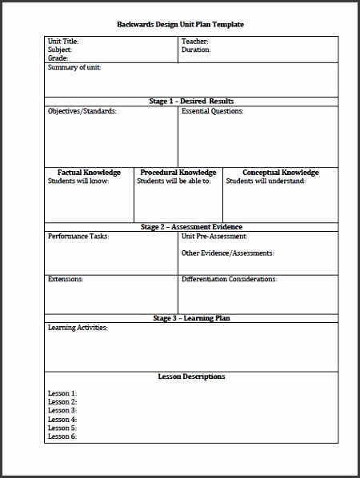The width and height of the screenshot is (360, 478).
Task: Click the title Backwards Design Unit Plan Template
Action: (180, 25)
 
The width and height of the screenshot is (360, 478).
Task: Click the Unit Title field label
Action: (63, 41)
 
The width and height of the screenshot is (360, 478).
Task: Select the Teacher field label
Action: (196, 41)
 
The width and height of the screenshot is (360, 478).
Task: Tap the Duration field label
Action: (197, 50)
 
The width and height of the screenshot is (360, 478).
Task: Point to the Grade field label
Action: (58, 58)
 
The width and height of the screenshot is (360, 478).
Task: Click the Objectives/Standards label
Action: (82, 111)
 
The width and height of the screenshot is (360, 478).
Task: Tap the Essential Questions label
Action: (213, 111)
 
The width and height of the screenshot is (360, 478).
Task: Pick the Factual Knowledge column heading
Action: (89, 172)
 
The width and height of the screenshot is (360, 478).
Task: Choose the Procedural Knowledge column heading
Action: (178, 172)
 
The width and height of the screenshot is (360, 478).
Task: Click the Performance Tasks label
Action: (78, 237)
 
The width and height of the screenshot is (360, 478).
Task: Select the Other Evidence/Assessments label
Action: (227, 253)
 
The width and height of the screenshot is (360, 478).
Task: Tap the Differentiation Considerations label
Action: (230, 279)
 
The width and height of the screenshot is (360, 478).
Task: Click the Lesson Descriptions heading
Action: (180, 376)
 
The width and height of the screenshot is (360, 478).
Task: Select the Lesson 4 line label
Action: (62, 419)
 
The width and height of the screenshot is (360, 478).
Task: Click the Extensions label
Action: (66, 279)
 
